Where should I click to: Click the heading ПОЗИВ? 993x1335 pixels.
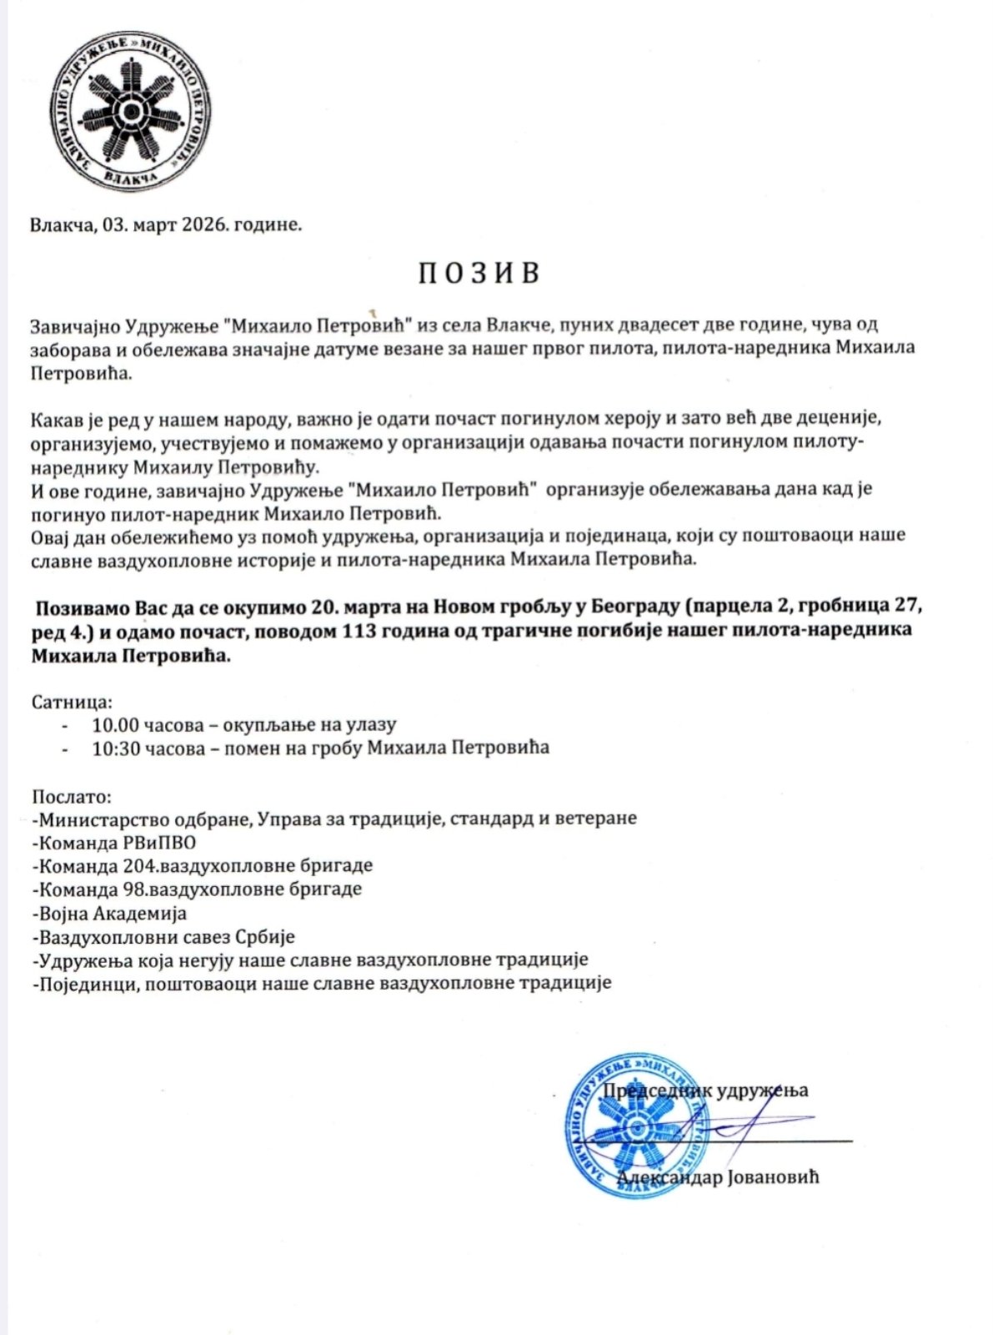coord(479,274)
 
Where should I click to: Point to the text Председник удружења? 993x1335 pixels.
coord(705,1090)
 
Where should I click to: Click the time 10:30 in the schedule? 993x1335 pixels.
coord(113,748)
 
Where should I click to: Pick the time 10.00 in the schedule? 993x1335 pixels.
coord(113,724)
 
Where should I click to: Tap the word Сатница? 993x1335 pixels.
coord(71,701)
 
